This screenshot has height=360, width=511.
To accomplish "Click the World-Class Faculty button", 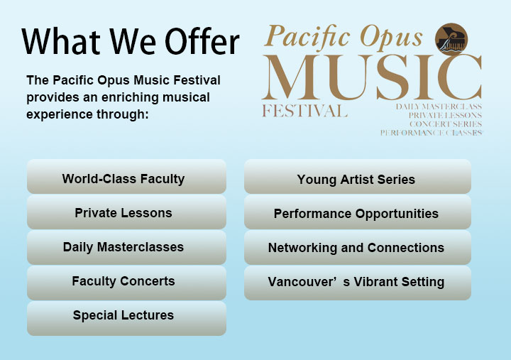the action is coord(126,176).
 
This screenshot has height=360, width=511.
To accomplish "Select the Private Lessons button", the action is coord(126,212).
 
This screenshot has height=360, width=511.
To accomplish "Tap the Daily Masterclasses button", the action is coord(126,247).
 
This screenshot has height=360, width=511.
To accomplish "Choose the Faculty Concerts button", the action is coord(126,283).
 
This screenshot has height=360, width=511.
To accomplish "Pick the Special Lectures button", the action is coord(126,318).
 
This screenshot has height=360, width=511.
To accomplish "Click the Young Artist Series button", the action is coord(358,176).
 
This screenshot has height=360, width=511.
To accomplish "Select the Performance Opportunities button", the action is coord(358,212).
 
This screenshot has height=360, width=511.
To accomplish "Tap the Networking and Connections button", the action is coord(358,247).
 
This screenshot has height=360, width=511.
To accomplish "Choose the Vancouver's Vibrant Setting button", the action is coord(358,283).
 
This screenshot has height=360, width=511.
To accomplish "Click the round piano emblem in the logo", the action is coord(451,39).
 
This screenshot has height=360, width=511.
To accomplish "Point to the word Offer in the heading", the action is coord(202,41).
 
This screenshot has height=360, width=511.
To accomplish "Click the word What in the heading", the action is coord(61,41).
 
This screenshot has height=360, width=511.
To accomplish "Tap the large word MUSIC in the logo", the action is coord(372,77).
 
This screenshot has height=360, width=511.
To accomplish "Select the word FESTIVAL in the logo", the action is coord(304,111).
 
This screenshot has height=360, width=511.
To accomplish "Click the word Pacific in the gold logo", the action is coord(307,36).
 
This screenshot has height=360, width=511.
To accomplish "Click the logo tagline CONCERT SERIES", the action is coord(446,124).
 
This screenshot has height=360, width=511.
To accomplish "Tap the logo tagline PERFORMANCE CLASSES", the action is coord(432,133).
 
